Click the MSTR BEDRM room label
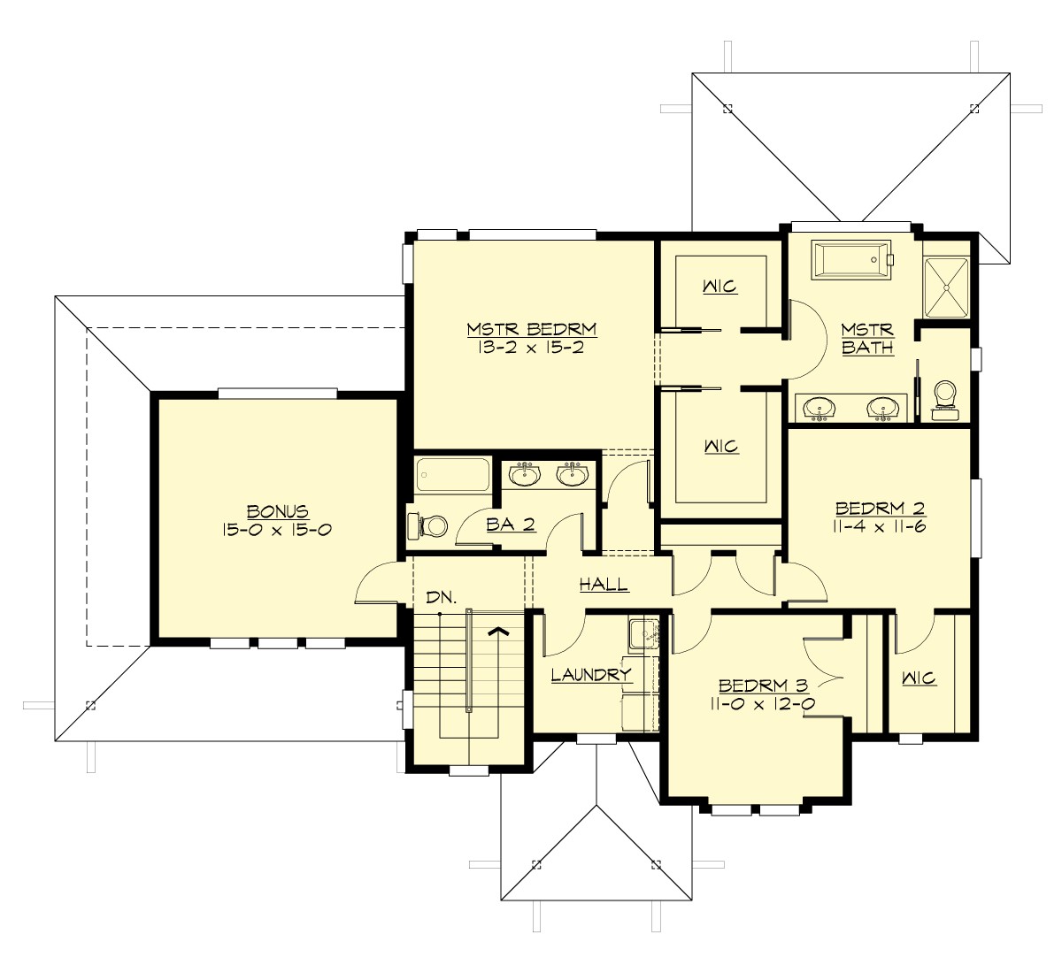532,329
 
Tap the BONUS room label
277,511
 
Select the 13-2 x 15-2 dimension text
532,347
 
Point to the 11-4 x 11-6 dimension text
881,526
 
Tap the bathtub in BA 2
452,475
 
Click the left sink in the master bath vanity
820,408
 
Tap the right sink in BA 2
573,475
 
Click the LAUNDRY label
590,675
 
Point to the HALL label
604,584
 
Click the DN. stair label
441,597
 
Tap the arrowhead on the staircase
498,631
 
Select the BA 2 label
511,525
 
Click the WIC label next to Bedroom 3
919,678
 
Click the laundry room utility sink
643,633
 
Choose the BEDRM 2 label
881,509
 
